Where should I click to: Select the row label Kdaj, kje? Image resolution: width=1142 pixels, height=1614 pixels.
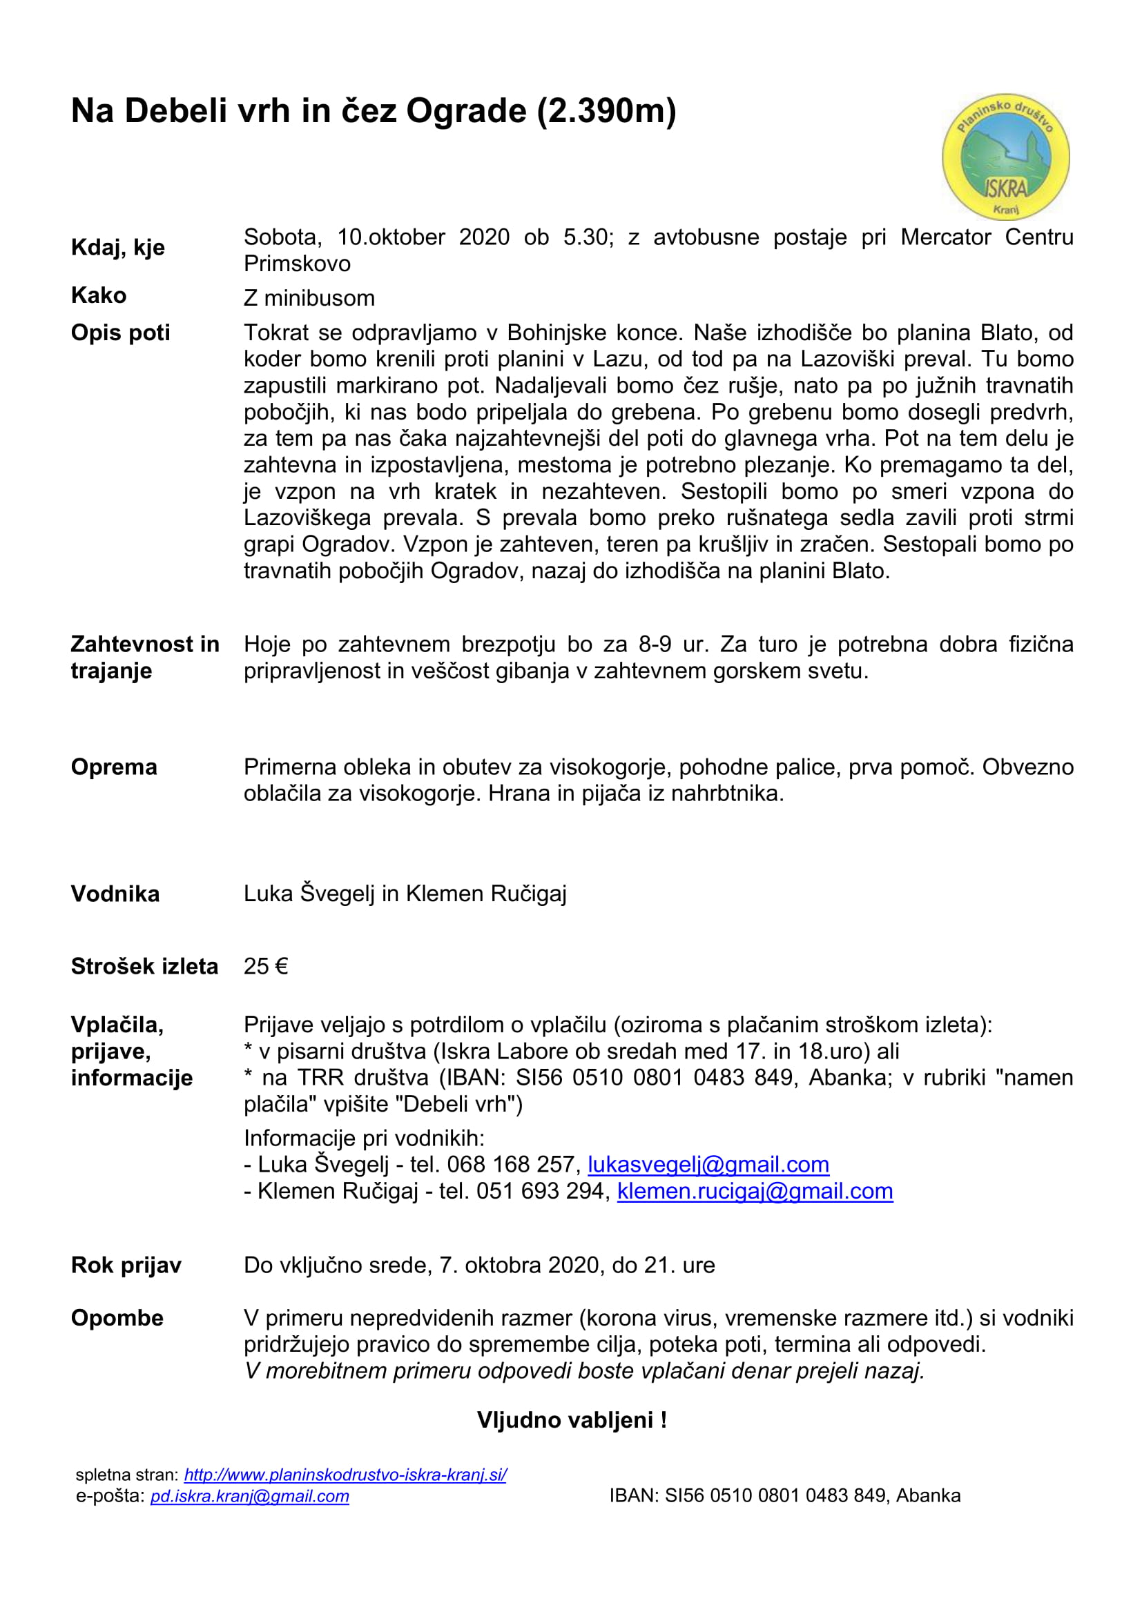click(x=117, y=248)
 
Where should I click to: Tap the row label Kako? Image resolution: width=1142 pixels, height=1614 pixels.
click(x=99, y=295)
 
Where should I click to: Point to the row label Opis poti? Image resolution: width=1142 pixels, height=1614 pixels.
click(x=120, y=333)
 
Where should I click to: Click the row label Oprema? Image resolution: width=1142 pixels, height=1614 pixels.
click(x=114, y=767)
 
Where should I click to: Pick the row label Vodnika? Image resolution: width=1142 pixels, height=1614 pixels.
click(x=115, y=894)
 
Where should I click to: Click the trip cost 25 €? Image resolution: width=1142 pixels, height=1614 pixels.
click(x=266, y=967)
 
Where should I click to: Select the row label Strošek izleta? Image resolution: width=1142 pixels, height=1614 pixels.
click(x=144, y=967)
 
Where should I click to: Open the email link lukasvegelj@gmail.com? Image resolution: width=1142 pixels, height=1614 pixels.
click(x=708, y=1165)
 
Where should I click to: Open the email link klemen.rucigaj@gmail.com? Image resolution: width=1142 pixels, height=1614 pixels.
click(x=755, y=1192)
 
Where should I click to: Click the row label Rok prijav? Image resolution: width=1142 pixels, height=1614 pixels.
click(x=126, y=1266)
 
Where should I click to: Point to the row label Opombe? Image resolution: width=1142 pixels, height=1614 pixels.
click(x=117, y=1318)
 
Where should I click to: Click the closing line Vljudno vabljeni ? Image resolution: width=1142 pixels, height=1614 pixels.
click(x=572, y=1420)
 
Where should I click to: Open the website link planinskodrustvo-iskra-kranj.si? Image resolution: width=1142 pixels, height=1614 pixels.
click(x=345, y=1475)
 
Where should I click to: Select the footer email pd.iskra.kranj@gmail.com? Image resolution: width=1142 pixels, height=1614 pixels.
click(x=250, y=1496)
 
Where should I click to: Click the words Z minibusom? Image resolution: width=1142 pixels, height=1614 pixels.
click(x=309, y=298)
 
